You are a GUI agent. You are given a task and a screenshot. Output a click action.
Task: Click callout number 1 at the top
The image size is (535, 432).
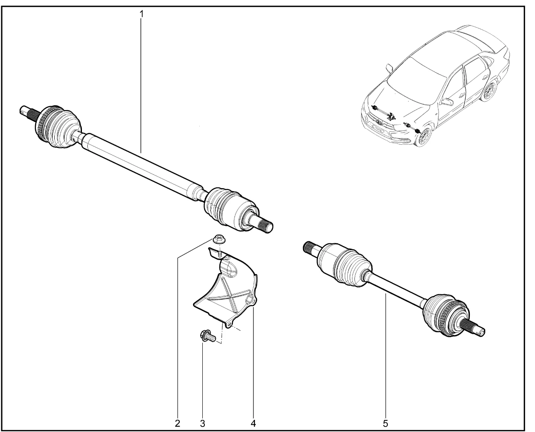coord(141,14)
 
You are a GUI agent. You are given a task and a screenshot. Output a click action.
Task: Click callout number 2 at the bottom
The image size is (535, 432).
coord(177,424)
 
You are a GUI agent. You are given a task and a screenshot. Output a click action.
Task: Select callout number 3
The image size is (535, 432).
coord(202,424)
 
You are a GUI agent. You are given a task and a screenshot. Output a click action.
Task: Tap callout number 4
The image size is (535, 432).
coord(253,424)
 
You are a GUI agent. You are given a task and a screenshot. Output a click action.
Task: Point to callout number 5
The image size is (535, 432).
coord(385,424)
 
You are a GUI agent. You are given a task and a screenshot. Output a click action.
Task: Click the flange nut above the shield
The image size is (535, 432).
coord(219,239)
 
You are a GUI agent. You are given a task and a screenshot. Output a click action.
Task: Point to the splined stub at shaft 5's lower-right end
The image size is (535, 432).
coord(474,328)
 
